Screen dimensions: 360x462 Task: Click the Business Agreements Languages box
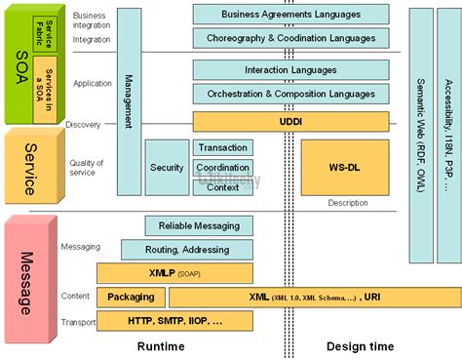290,15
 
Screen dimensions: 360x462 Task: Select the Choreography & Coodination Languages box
290,38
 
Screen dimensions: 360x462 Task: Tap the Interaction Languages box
290,70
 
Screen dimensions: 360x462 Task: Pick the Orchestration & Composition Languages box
290,94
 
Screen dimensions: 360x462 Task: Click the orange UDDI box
290,121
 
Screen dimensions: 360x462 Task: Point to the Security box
167,167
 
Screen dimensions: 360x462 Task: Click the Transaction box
223,147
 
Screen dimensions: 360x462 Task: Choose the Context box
223,186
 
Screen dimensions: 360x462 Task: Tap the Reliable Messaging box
199,225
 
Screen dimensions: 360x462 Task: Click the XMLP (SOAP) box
174,273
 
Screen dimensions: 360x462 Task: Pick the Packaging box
130,297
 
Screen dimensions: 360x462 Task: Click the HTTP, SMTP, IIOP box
174,320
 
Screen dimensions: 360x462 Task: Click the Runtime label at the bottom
161,346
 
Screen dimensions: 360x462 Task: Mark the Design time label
361,346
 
